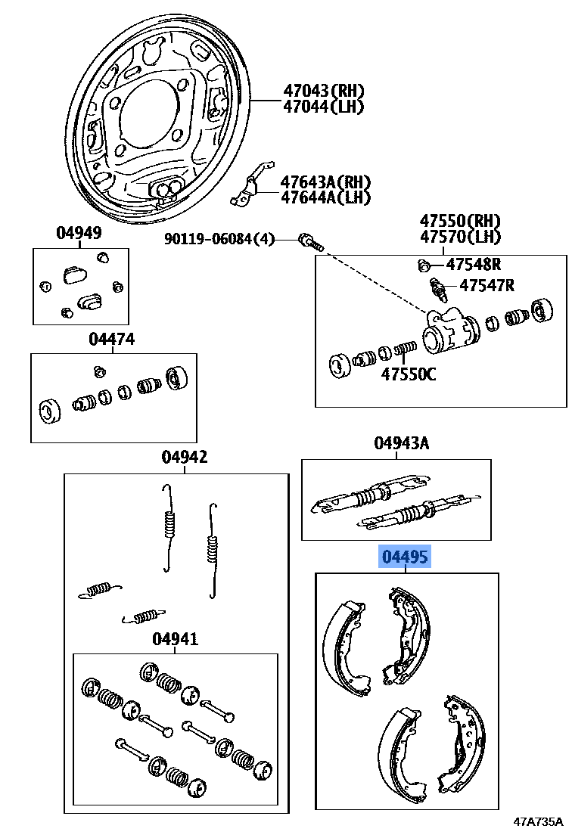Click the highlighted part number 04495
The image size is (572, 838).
pyautogui.click(x=405, y=558)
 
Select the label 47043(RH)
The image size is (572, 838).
pyautogui.click(x=323, y=91)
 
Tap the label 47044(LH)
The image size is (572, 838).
pyautogui.click(x=323, y=107)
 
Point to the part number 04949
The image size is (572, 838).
pyautogui.click(x=78, y=233)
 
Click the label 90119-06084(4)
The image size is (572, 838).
pyautogui.click(x=220, y=240)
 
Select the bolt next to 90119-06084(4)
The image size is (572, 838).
pyautogui.click(x=310, y=242)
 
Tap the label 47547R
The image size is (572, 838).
pyautogui.click(x=487, y=285)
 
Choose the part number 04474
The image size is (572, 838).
pyautogui.click(x=111, y=340)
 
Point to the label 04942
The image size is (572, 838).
pyautogui.click(x=184, y=457)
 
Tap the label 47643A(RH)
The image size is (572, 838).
pyautogui.click(x=325, y=182)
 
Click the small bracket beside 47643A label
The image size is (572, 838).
pyautogui.click(x=247, y=185)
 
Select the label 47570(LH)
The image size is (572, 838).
pyautogui.click(x=461, y=237)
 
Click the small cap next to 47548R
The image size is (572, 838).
pyautogui.click(x=424, y=265)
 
